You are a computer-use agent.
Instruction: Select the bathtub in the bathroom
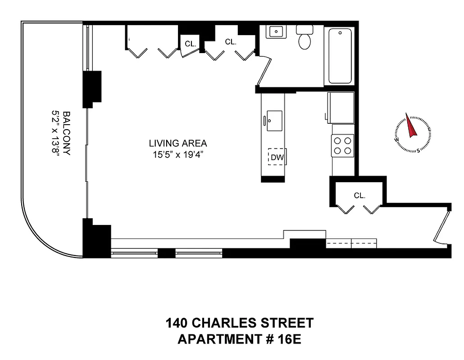[340, 56]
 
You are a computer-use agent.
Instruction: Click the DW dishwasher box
[277, 157]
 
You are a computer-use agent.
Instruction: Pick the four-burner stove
[342, 145]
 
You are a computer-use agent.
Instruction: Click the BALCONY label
[67, 133]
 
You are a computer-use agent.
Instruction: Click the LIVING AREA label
[178, 144]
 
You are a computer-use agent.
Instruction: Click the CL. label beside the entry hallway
[359, 196]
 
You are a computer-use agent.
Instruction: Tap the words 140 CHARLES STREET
[239, 323]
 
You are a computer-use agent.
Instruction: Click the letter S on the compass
[418, 150]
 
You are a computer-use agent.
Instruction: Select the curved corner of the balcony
[38, 238]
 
